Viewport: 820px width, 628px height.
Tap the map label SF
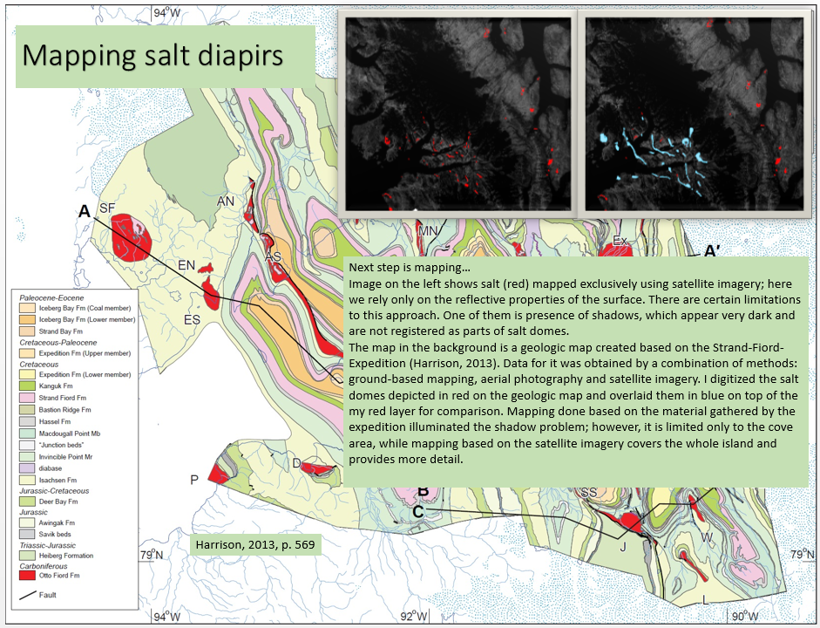coord(107,208)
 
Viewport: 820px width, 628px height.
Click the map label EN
coord(186,264)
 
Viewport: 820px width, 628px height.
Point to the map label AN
coord(226,201)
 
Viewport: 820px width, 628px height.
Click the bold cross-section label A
coord(85,211)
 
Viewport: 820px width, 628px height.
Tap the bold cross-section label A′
coord(711,252)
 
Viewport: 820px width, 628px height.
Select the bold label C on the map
coord(418,511)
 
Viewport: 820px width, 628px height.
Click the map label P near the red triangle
coord(194,479)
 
